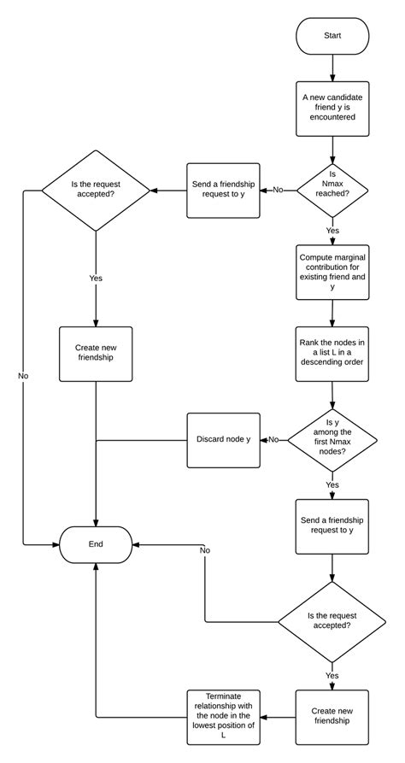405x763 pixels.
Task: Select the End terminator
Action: (95, 543)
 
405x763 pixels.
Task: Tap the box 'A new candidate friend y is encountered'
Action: (332, 109)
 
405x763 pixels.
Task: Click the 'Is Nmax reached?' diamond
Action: (332, 190)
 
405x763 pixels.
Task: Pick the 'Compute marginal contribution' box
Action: (332, 271)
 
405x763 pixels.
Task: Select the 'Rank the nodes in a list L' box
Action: (332, 353)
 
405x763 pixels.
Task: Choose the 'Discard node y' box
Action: (223, 440)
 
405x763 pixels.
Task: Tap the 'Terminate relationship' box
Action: (223, 716)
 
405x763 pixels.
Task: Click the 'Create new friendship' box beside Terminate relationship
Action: (332, 716)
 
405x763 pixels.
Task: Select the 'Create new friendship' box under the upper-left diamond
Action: (95, 353)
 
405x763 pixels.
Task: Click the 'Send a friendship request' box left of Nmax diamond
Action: (223, 190)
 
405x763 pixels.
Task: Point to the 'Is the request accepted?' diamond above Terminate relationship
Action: (332, 619)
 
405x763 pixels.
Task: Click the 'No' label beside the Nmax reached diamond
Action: (279, 190)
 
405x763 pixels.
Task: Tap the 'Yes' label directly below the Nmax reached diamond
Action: (332, 231)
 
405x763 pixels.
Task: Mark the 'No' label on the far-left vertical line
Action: (23, 376)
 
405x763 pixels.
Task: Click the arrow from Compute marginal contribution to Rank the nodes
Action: (332, 312)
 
